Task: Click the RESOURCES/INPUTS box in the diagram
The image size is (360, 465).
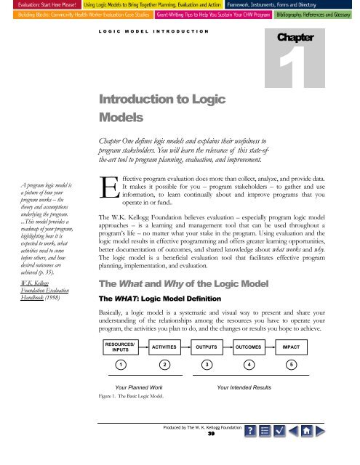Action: (121, 347)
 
